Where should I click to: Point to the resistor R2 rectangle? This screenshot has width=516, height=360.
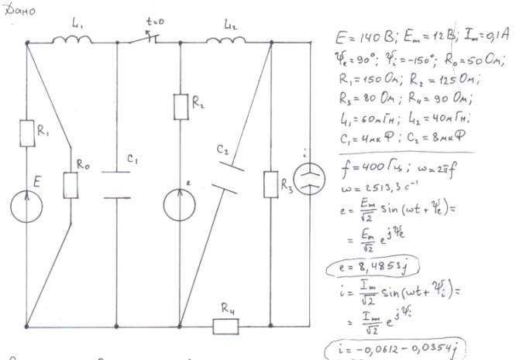coord(180,107)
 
